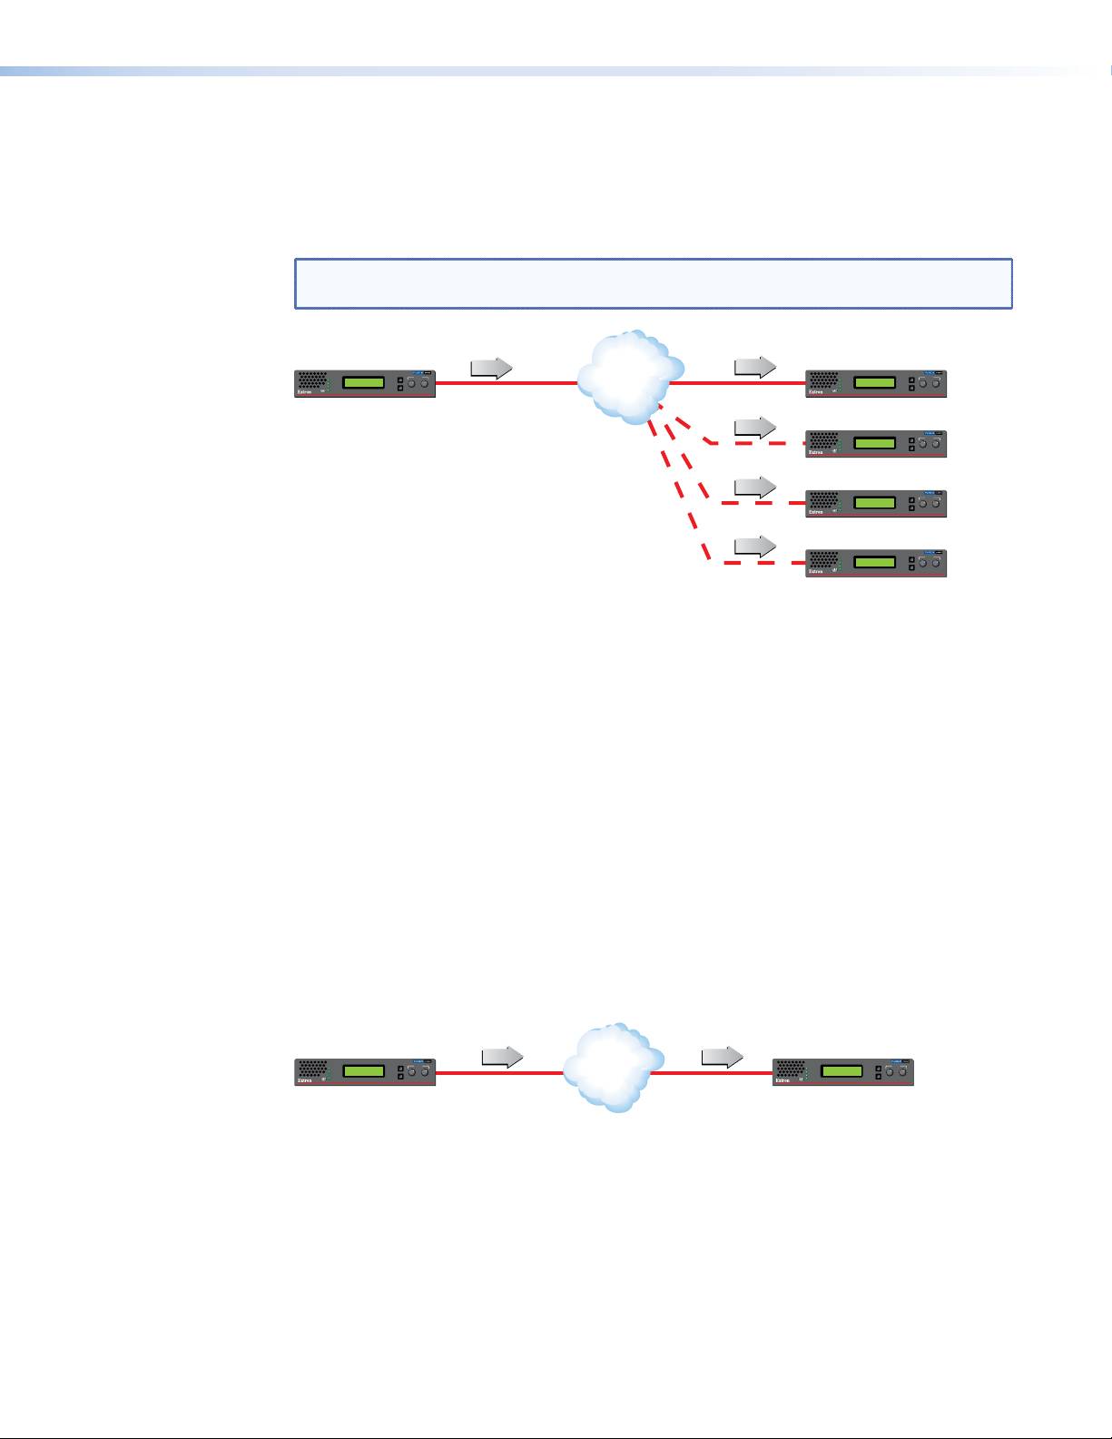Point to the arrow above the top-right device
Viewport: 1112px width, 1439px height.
[x=755, y=367]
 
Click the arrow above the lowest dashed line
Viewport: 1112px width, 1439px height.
[x=755, y=546]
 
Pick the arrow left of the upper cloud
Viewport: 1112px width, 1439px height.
[x=491, y=369]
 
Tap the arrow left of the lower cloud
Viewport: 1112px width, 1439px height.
[x=502, y=1057]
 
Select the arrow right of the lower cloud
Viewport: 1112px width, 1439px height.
[x=723, y=1057]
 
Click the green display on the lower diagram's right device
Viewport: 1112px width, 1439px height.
[x=841, y=1071]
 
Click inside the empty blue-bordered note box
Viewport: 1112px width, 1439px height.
[x=653, y=283]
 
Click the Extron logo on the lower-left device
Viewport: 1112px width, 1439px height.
[x=308, y=1082]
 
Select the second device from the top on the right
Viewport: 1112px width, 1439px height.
[x=876, y=443]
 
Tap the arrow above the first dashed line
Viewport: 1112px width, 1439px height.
[x=755, y=427]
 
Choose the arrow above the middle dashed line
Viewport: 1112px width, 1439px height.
[x=755, y=487]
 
